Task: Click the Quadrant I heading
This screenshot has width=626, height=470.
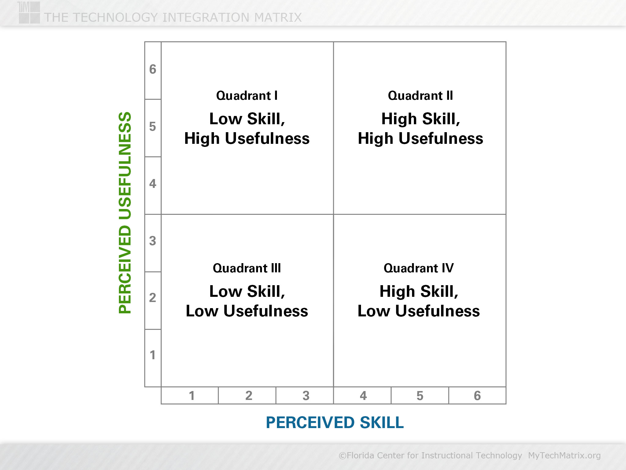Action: click(x=247, y=96)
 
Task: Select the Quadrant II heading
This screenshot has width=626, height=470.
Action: click(x=420, y=96)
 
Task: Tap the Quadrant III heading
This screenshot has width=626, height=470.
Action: click(x=247, y=268)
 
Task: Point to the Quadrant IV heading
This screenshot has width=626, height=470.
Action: click(x=419, y=268)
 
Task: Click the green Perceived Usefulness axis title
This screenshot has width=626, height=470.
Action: click(x=125, y=213)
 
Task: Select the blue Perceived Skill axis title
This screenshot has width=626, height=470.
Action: click(x=335, y=423)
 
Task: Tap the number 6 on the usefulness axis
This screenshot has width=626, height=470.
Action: click(x=153, y=69)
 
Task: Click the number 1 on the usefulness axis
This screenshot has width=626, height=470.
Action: click(x=153, y=355)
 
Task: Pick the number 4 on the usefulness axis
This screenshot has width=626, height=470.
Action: click(x=153, y=184)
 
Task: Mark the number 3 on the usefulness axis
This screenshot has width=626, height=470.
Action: click(x=153, y=241)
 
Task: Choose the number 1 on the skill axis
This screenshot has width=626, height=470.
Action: click(x=192, y=396)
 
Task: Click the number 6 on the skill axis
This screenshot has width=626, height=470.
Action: click(x=477, y=396)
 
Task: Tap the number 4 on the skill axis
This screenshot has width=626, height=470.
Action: click(x=363, y=396)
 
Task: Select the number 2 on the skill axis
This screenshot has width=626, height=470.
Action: click(x=249, y=396)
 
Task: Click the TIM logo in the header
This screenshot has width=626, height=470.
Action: click(x=29, y=13)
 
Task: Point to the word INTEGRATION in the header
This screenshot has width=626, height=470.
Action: click(x=206, y=17)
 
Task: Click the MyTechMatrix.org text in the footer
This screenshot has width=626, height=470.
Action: click(x=564, y=456)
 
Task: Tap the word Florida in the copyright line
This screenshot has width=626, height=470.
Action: click(x=360, y=456)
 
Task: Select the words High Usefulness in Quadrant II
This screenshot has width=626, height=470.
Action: click(x=421, y=138)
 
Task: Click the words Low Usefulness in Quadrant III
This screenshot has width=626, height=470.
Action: click(x=247, y=311)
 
